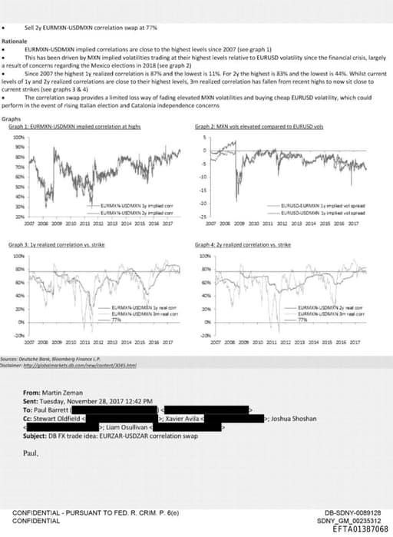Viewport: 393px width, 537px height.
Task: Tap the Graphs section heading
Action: [x=12, y=119]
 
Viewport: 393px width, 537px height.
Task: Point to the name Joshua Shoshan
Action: [x=289, y=416]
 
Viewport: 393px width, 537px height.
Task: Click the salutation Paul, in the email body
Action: [x=31, y=443]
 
